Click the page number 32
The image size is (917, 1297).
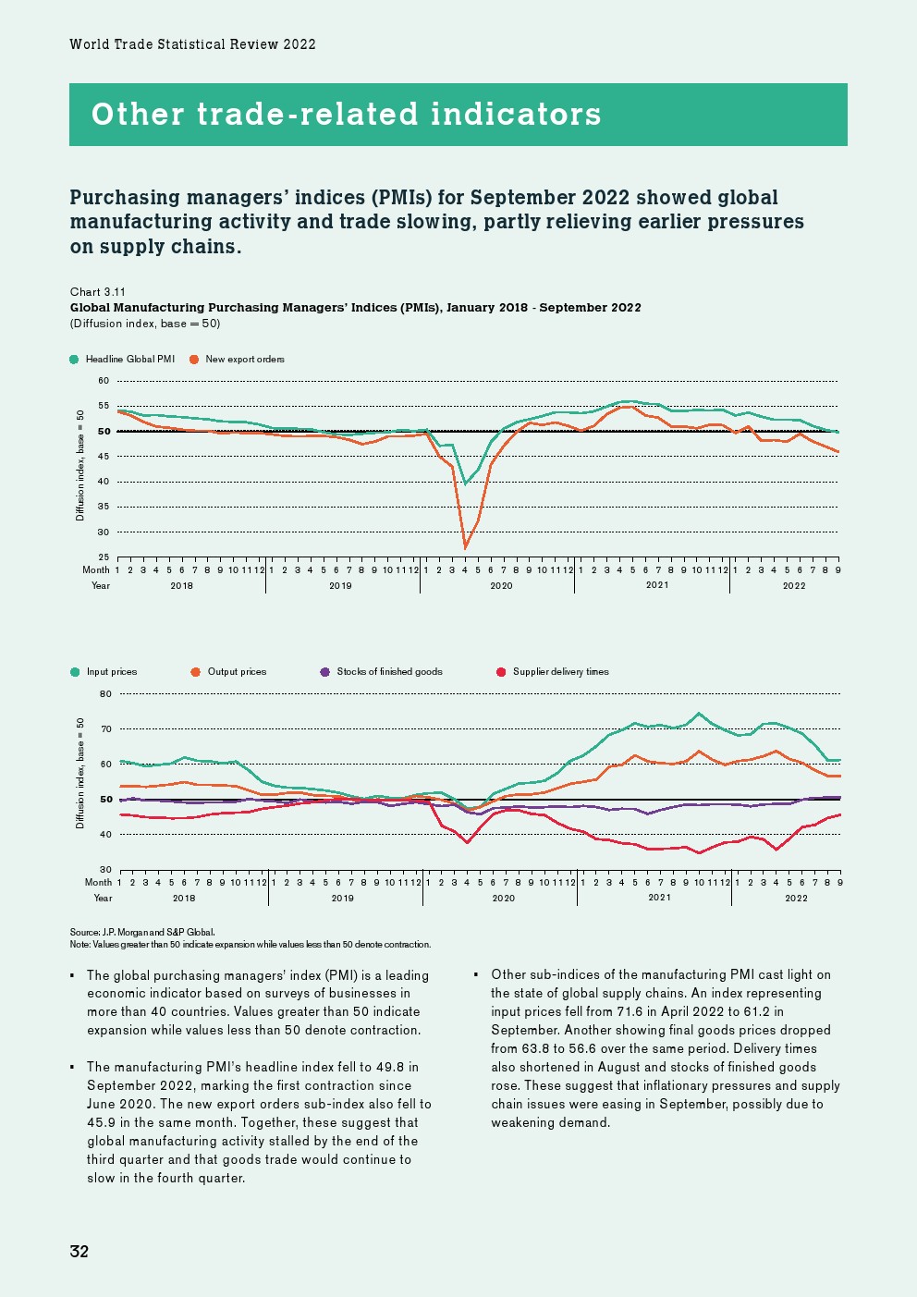pyautogui.click(x=79, y=1251)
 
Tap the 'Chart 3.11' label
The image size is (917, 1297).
pyautogui.click(x=98, y=291)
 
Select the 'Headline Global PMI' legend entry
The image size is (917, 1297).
pyautogui.click(x=129, y=359)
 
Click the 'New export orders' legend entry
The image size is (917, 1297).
pyautogui.click(x=244, y=359)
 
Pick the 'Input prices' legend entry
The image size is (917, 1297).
pyautogui.click(x=111, y=672)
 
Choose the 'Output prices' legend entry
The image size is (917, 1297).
pyautogui.click(x=237, y=672)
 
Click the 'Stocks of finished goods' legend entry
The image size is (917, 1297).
pyautogui.click(x=389, y=672)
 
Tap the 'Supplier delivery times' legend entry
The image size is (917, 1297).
pyautogui.click(x=560, y=672)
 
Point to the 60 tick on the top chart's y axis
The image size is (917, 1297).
pyautogui.click(x=104, y=381)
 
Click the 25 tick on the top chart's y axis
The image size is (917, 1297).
pyautogui.click(x=104, y=557)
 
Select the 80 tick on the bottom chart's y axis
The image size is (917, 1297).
pyautogui.click(x=105, y=694)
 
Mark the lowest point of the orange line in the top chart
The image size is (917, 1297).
pyautogui.click(x=465, y=548)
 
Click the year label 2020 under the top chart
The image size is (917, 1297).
pyautogui.click(x=501, y=585)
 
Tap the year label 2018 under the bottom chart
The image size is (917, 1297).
pyautogui.click(x=184, y=898)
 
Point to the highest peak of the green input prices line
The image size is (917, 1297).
pyautogui.click(x=699, y=714)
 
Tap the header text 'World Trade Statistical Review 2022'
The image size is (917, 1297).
pyautogui.click(x=192, y=44)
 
